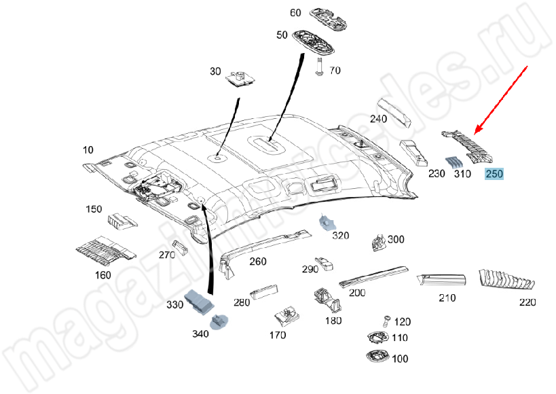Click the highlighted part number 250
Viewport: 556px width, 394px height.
(494, 175)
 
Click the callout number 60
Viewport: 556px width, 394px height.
(295, 13)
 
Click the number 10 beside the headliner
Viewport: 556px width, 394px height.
(88, 149)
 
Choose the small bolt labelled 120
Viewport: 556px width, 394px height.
(384, 321)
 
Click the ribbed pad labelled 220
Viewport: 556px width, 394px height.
(506, 280)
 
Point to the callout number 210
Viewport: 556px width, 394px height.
(447, 298)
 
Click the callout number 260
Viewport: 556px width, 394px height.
(258, 261)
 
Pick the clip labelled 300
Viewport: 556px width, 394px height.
(379, 242)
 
